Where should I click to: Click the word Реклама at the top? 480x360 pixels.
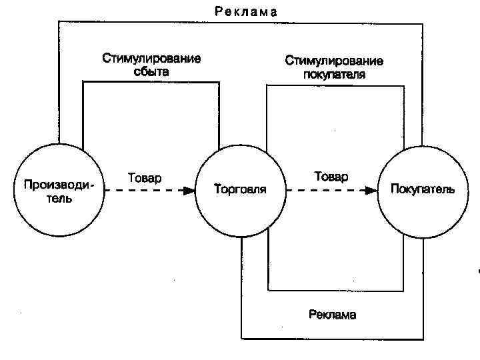(246, 11)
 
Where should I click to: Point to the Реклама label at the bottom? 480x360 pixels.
(332, 315)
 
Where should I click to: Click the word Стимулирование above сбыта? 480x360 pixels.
(151, 58)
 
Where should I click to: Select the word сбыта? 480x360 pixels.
(151, 71)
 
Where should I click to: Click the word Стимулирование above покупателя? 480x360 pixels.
(335, 61)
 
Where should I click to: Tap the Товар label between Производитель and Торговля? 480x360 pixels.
(145, 178)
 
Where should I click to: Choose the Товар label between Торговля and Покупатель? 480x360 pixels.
(331, 177)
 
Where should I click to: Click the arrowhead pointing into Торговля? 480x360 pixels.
(189, 190)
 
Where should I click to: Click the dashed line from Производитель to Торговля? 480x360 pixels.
(143, 190)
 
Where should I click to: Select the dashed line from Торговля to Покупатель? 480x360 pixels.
(327, 190)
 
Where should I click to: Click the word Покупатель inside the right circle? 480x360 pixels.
(423, 189)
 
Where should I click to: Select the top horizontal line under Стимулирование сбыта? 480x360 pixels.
(151, 82)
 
